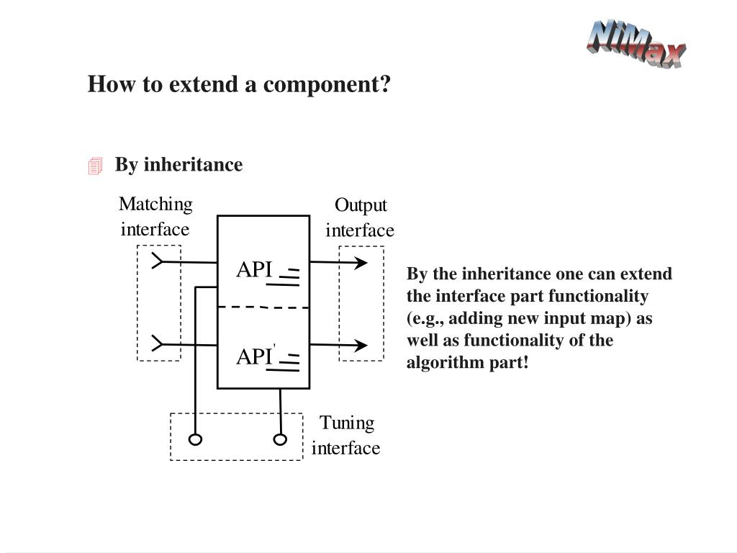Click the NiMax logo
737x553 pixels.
point(636,45)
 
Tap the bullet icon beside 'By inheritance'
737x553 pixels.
point(95,166)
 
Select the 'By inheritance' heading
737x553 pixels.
point(178,165)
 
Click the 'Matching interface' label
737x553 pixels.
point(155,217)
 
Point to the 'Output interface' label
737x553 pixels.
point(360,218)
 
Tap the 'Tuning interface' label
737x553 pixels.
point(346,435)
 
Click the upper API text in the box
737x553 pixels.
point(254,269)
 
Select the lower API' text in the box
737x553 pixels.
point(256,356)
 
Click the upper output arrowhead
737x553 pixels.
point(360,263)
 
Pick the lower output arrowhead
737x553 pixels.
point(360,346)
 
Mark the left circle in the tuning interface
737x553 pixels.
point(194,439)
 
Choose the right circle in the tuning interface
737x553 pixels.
point(280,439)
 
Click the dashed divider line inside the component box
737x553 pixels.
point(263,307)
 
